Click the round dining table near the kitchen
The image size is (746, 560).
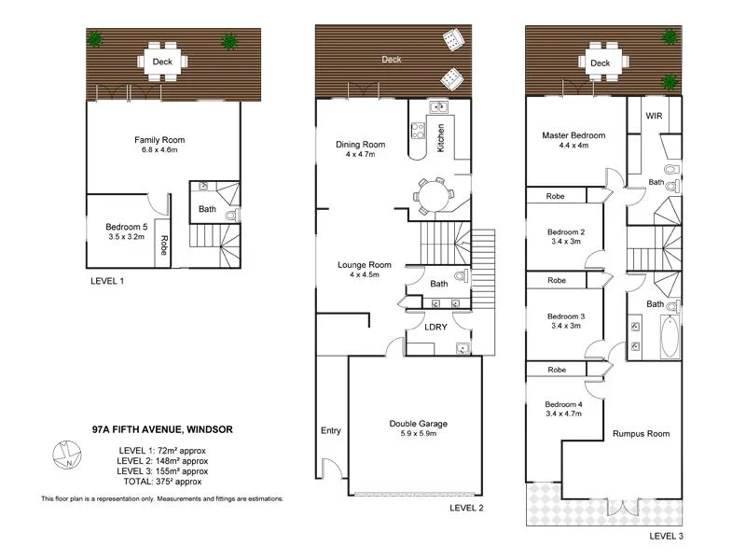coord(433,197)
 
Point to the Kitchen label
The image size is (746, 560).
coord(441,139)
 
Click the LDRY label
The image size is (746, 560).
coord(435,327)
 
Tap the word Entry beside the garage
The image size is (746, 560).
coord(330,431)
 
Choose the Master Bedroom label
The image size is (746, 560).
coord(573,135)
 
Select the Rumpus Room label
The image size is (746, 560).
coord(641,434)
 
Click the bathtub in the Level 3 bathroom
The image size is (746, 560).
coord(670,336)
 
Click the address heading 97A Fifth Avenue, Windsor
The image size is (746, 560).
coord(162,429)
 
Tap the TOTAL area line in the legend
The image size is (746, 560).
coord(163,482)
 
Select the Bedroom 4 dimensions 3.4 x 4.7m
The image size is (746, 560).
coord(564,413)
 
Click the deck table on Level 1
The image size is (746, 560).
coord(163,63)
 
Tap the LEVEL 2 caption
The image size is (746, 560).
coord(467,509)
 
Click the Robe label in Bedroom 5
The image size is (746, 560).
coord(163,245)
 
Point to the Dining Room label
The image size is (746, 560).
coord(360,145)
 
